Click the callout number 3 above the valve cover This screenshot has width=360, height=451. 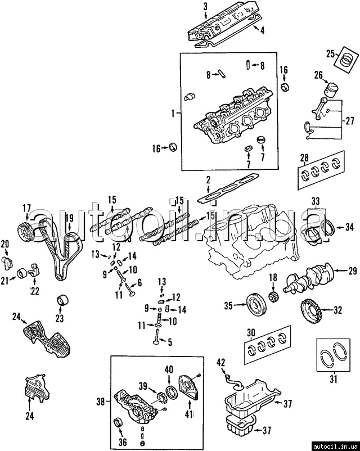click(205, 7)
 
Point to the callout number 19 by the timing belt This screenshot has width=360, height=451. click(69, 218)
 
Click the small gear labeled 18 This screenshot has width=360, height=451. click(274, 296)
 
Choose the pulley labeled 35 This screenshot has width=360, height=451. click(256, 304)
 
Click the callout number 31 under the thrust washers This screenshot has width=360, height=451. click(333, 379)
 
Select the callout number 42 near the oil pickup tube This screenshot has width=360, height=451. click(220, 363)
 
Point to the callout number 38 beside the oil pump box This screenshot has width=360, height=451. click(101, 401)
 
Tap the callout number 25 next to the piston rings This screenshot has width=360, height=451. click(331, 54)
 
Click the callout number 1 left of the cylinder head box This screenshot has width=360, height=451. click(173, 114)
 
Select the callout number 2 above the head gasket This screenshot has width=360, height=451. click(208, 181)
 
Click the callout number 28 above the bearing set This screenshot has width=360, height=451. click(304, 157)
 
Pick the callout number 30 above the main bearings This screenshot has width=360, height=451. click(251, 333)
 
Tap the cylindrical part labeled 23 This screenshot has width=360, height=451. click(63, 301)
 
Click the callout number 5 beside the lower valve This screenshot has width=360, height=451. click(170, 342)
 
